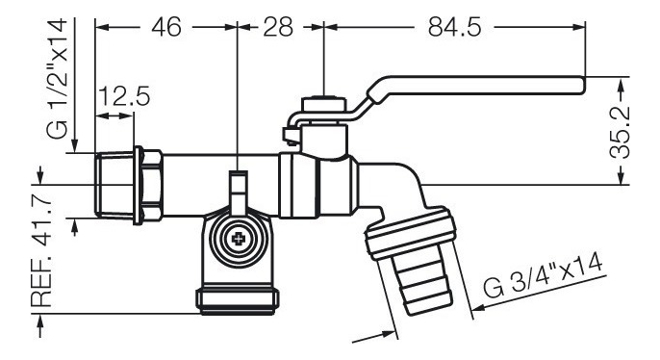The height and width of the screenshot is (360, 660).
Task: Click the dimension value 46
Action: click(166, 27)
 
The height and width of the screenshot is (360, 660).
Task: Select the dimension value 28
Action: click(278, 27)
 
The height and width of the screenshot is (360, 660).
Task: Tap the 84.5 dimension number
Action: click(454, 27)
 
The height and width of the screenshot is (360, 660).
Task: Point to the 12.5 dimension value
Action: click(124, 96)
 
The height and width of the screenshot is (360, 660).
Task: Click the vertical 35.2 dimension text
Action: click(620, 132)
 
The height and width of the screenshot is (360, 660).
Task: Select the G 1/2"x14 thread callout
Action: click(57, 78)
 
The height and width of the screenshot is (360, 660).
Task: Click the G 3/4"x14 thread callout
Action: click(543, 276)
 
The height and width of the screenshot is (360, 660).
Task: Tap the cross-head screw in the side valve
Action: click(239, 239)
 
